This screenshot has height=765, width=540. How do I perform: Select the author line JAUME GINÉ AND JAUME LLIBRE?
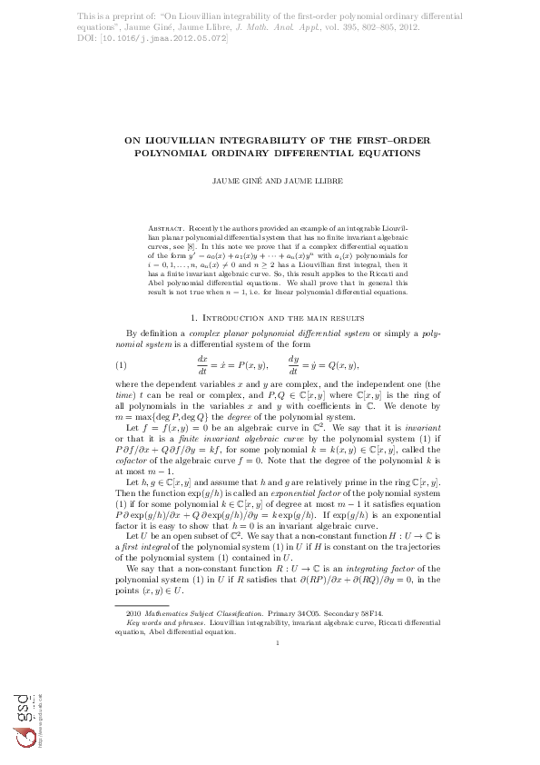coord(270,181)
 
